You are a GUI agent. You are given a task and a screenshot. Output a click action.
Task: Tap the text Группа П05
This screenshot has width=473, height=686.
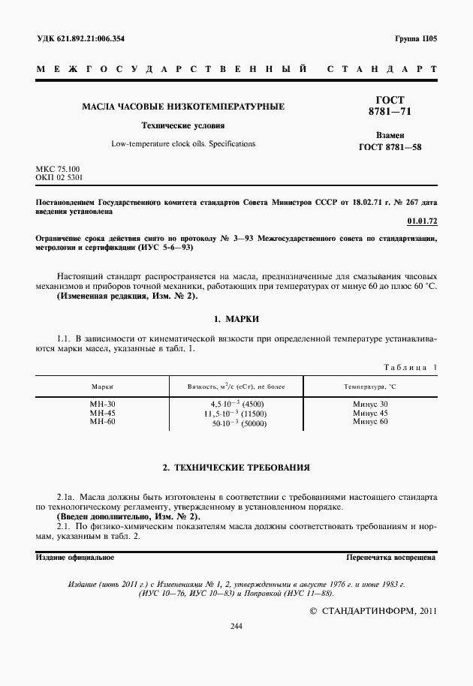(415, 38)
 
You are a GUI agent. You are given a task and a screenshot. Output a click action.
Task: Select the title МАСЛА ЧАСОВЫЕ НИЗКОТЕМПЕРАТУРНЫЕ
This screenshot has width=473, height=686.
(183, 107)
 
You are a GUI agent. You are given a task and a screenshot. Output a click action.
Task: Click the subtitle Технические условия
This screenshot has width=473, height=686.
(184, 125)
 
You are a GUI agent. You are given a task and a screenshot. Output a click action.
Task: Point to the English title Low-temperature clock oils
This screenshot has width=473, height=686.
(183, 143)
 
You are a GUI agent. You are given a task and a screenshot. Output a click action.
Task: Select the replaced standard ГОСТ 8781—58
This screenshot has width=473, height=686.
(390, 147)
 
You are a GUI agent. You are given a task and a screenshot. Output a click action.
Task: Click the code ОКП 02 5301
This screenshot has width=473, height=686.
(59, 179)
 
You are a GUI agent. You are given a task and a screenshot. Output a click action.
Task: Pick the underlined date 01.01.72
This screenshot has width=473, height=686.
(421, 222)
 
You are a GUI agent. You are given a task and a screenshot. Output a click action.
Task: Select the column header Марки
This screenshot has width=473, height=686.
(102, 386)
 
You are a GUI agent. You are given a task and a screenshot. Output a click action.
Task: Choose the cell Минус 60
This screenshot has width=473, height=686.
(370, 422)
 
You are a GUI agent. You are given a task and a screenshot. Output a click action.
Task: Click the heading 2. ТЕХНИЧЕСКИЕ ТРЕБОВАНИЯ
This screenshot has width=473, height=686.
(236, 468)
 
